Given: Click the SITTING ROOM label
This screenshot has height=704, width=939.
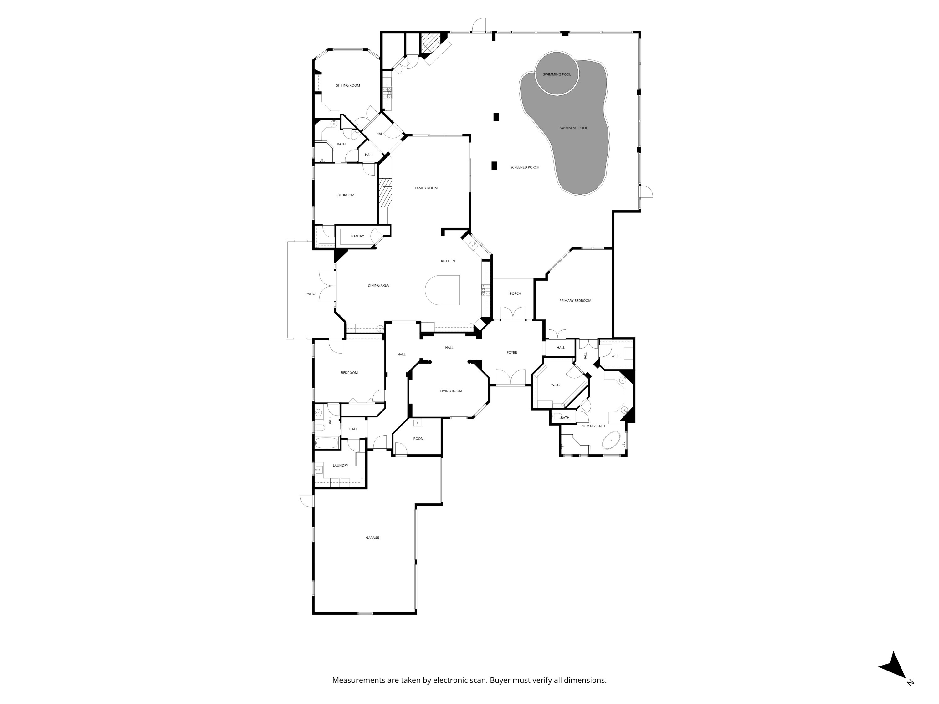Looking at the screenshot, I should click(x=348, y=86).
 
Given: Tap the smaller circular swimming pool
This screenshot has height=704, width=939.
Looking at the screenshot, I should click(x=556, y=74).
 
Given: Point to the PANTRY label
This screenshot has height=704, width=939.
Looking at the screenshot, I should click(x=357, y=236).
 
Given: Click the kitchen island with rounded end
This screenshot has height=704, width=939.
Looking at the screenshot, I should click(x=444, y=290).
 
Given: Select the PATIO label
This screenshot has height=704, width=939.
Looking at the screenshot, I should click(x=310, y=294).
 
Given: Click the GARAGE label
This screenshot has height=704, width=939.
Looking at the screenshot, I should click(x=372, y=538).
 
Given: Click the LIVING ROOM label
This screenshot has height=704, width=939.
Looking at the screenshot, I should click(x=451, y=391).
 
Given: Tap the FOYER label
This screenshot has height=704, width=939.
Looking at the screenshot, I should click(x=511, y=353).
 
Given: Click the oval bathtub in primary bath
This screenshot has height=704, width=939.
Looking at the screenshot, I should click(x=611, y=441).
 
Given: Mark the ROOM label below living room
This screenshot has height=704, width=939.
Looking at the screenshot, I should click(x=418, y=439).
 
